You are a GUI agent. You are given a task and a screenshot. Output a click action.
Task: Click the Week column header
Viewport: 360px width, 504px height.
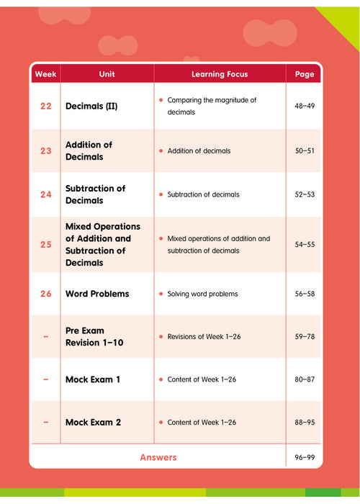coord(45,74)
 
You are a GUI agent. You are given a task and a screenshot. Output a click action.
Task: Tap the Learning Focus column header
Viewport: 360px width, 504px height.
coord(220,74)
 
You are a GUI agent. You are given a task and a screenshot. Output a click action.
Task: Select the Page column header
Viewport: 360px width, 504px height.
coord(305,74)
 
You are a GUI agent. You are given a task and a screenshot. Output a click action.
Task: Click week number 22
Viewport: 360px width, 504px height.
coord(46,107)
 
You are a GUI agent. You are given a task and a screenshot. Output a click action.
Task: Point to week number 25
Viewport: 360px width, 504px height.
coord(46,245)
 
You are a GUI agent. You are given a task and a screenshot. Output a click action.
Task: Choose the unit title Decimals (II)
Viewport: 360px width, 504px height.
coord(91,107)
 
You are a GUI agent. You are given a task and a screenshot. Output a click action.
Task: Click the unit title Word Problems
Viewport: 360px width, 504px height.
coord(97,294)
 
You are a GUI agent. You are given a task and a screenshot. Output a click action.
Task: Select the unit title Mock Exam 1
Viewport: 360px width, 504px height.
coord(94,379)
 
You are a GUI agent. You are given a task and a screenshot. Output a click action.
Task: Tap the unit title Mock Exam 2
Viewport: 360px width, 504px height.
coord(94,422)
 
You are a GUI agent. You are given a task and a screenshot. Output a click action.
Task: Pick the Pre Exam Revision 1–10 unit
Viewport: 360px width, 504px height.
coord(94,337)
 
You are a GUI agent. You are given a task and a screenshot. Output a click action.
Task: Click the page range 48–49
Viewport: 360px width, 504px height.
coord(305,107)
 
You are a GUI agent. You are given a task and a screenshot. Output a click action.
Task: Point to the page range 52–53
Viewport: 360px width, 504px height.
coord(305,194)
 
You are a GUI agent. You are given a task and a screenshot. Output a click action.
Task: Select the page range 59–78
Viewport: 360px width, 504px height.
coord(305,337)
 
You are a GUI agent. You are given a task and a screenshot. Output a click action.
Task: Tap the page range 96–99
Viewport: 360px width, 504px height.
coord(305,457)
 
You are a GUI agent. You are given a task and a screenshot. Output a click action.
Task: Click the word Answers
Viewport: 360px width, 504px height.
coord(158,457)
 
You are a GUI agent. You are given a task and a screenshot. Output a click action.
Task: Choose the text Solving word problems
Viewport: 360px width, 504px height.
coord(202,294)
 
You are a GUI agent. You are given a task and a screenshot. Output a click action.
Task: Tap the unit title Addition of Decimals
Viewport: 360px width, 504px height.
coord(89,150)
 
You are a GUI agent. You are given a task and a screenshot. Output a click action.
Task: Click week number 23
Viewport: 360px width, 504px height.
coord(46,150)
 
